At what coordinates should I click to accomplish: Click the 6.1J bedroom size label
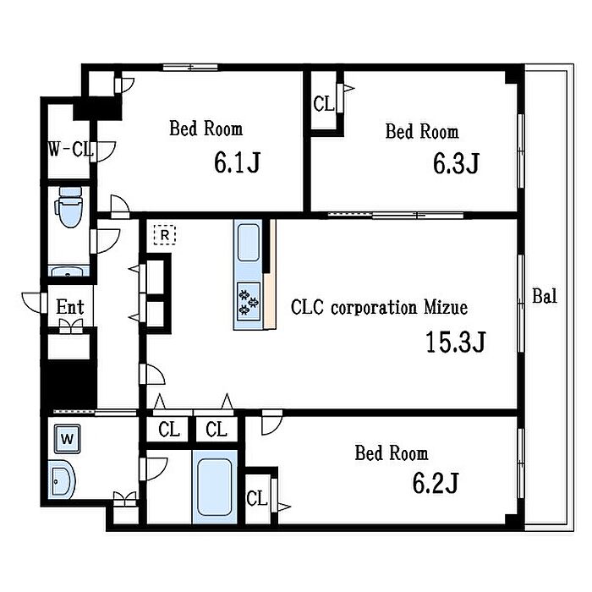(237, 162)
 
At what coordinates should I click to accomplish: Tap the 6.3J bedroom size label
(456, 163)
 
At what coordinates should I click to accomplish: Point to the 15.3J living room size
(455, 342)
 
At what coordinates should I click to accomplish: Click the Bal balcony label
(545, 296)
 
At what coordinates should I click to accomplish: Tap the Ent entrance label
(70, 306)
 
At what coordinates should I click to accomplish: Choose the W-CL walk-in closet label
(70, 149)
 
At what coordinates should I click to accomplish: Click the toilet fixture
(69, 207)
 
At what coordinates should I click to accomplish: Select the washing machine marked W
(67, 439)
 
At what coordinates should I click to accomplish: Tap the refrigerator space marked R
(165, 235)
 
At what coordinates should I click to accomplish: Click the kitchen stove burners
(249, 299)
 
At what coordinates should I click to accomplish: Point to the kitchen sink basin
(249, 242)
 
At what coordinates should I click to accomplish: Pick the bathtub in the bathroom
(214, 487)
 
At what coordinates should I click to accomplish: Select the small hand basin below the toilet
(69, 271)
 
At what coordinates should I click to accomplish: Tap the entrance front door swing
(33, 303)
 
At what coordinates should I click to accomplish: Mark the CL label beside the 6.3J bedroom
(324, 104)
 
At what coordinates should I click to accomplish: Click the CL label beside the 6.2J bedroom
(257, 498)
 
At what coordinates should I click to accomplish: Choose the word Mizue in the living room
(446, 307)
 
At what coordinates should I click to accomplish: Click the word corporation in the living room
(375, 309)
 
